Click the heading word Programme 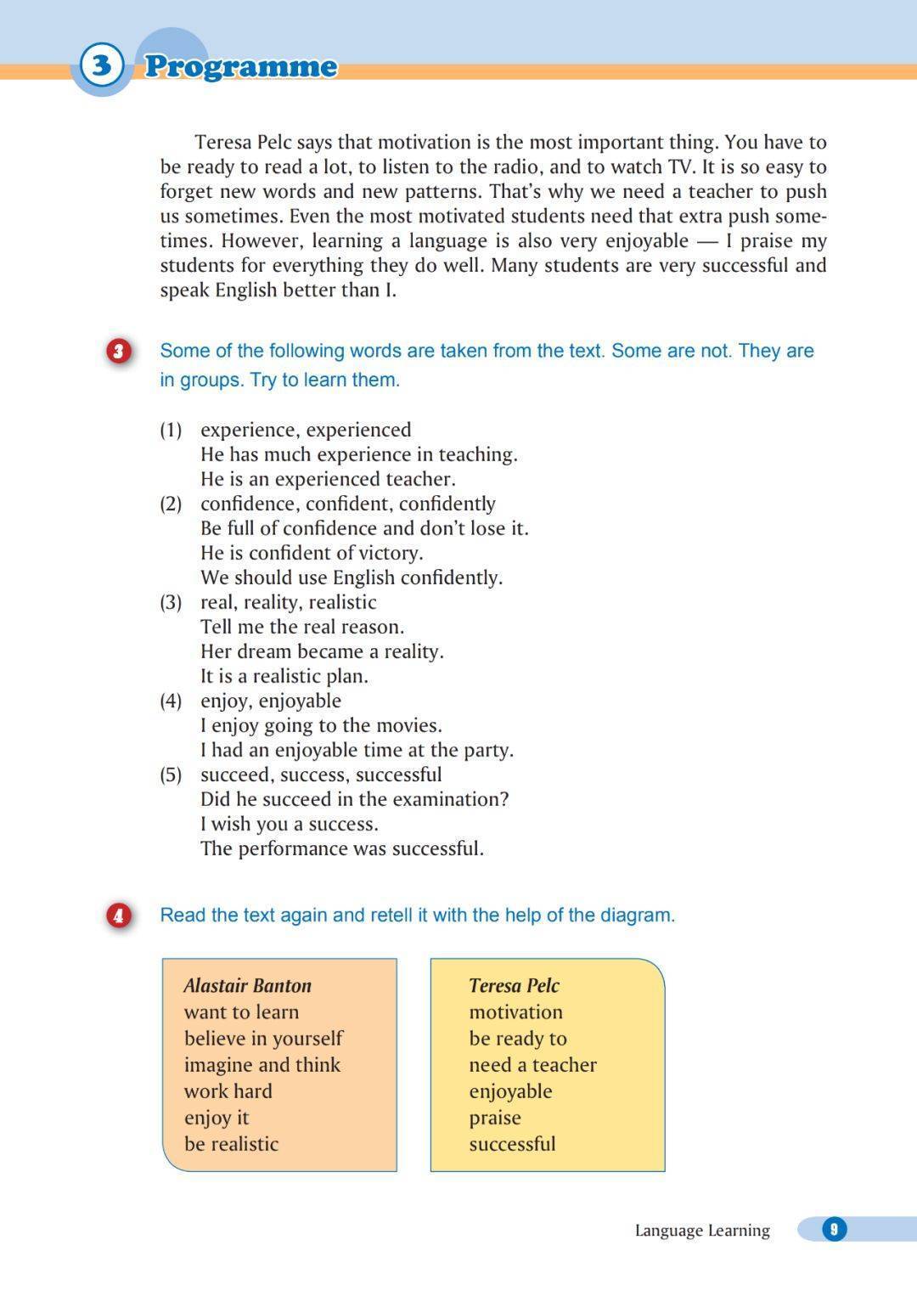(x=240, y=66)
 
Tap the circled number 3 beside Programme (x=101, y=65)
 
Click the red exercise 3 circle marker (x=119, y=351)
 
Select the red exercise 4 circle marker (x=119, y=916)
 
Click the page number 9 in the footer (x=834, y=1229)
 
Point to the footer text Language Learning (x=702, y=1230)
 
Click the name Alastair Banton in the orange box (x=248, y=985)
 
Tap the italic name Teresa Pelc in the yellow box (x=514, y=985)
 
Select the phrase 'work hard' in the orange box (x=228, y=1091)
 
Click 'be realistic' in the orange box (x=231, y=1144)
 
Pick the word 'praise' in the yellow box (x=495, y=1118)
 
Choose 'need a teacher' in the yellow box (x=532, y=1065)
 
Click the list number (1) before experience (x=171, y=430)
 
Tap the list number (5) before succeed (x=171, y=775)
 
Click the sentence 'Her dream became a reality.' (x=322, y=651)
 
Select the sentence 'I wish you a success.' (x=290, y=824)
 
